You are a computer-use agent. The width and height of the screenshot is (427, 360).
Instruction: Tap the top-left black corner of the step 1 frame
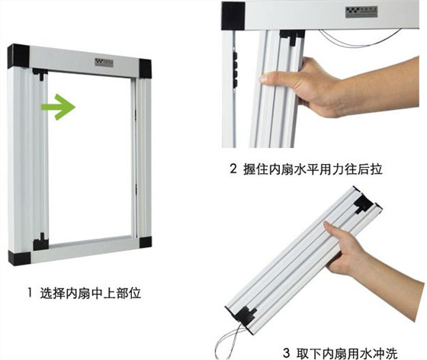19,55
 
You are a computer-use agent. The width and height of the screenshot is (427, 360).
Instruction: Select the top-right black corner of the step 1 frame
143,67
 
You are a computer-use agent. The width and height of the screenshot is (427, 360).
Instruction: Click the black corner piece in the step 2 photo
233,11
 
